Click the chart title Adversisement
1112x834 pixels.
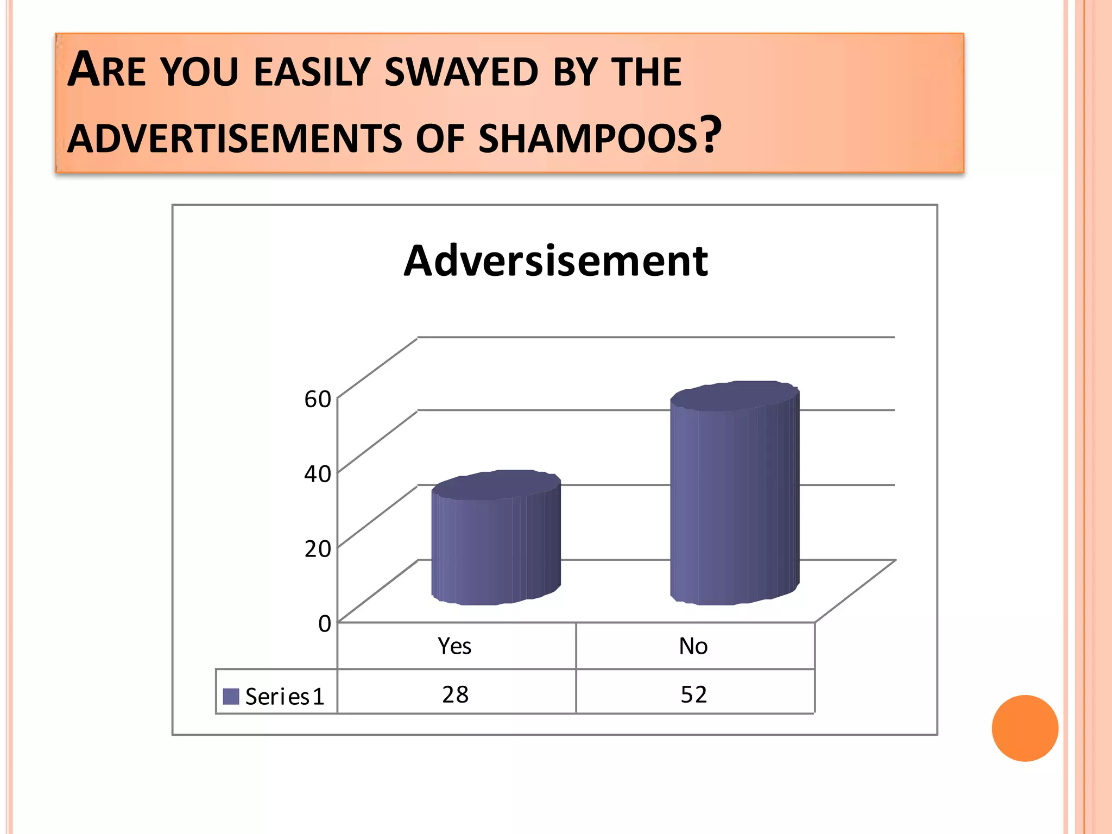(x=555, y=261)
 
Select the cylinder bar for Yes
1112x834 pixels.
(x=495, y=548)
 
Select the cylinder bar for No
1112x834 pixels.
(x=734, y=505)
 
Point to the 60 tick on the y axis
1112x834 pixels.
(x=318, y=399)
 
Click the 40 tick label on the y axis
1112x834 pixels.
(x=318, y=474)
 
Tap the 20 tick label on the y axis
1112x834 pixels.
(x=318, y=549)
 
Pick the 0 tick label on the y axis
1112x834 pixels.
(x=324, y=624)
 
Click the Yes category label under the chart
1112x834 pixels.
(x=455, y=646)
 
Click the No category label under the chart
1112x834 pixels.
(x=693, y=646)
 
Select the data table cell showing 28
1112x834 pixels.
(x=455, y=694)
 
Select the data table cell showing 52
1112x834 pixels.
(x=694, y=694)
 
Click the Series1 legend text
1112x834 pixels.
(x=285, y=697)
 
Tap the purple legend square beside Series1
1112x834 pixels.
(x=231, y=697)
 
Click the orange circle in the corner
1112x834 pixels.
(x=1025, y=728)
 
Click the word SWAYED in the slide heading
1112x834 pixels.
(x=461, y=72)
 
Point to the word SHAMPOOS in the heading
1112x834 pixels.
(x=587, y=138)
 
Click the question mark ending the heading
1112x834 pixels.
(x=711, y=134)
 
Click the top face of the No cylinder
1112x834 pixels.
(x=734, y=396)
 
